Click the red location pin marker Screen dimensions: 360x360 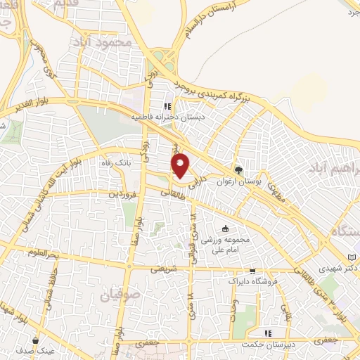click(x=181, y=165)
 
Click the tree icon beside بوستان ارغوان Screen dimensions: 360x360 click(x=238, y=170)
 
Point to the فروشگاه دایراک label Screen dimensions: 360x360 click(x=244, y=281)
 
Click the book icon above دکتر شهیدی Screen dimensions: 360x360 click(x=352, y=257)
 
